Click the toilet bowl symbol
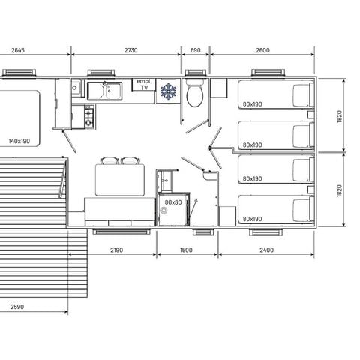(195, 95)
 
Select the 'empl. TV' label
(143, 83)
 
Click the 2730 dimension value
(130, 50)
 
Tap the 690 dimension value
(196, 50)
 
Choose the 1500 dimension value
(187, 250)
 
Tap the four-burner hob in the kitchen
(89, 118)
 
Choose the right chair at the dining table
(130, 160)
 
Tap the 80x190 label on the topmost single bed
(252, 105)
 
